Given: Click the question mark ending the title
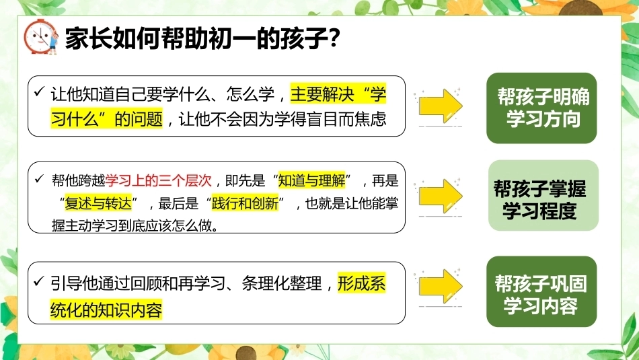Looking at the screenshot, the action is [334, 38].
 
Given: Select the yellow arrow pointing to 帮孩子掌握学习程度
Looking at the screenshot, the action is [441, 196].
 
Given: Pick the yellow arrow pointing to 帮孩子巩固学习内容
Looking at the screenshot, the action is [441, 286].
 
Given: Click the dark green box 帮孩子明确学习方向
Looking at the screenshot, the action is [541, 108].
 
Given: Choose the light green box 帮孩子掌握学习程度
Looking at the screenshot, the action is [543, 195].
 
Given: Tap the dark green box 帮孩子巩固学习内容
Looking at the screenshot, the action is [541, 291].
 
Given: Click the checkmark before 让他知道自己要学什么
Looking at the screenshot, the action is [39, 92].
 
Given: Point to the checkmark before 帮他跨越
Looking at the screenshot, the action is [40, 178].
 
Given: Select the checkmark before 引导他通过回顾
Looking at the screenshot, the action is [39, 281].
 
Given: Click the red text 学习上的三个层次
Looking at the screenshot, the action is [159, 180].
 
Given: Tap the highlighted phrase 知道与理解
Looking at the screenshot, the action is [311, 180].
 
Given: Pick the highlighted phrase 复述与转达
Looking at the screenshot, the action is [98, 203].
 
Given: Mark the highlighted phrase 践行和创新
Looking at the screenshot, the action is [246, 203].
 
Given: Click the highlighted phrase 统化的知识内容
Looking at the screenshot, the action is [106, 310].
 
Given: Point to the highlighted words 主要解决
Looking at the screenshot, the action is [322, 94].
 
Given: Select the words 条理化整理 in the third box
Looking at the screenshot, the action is [282, 283].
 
